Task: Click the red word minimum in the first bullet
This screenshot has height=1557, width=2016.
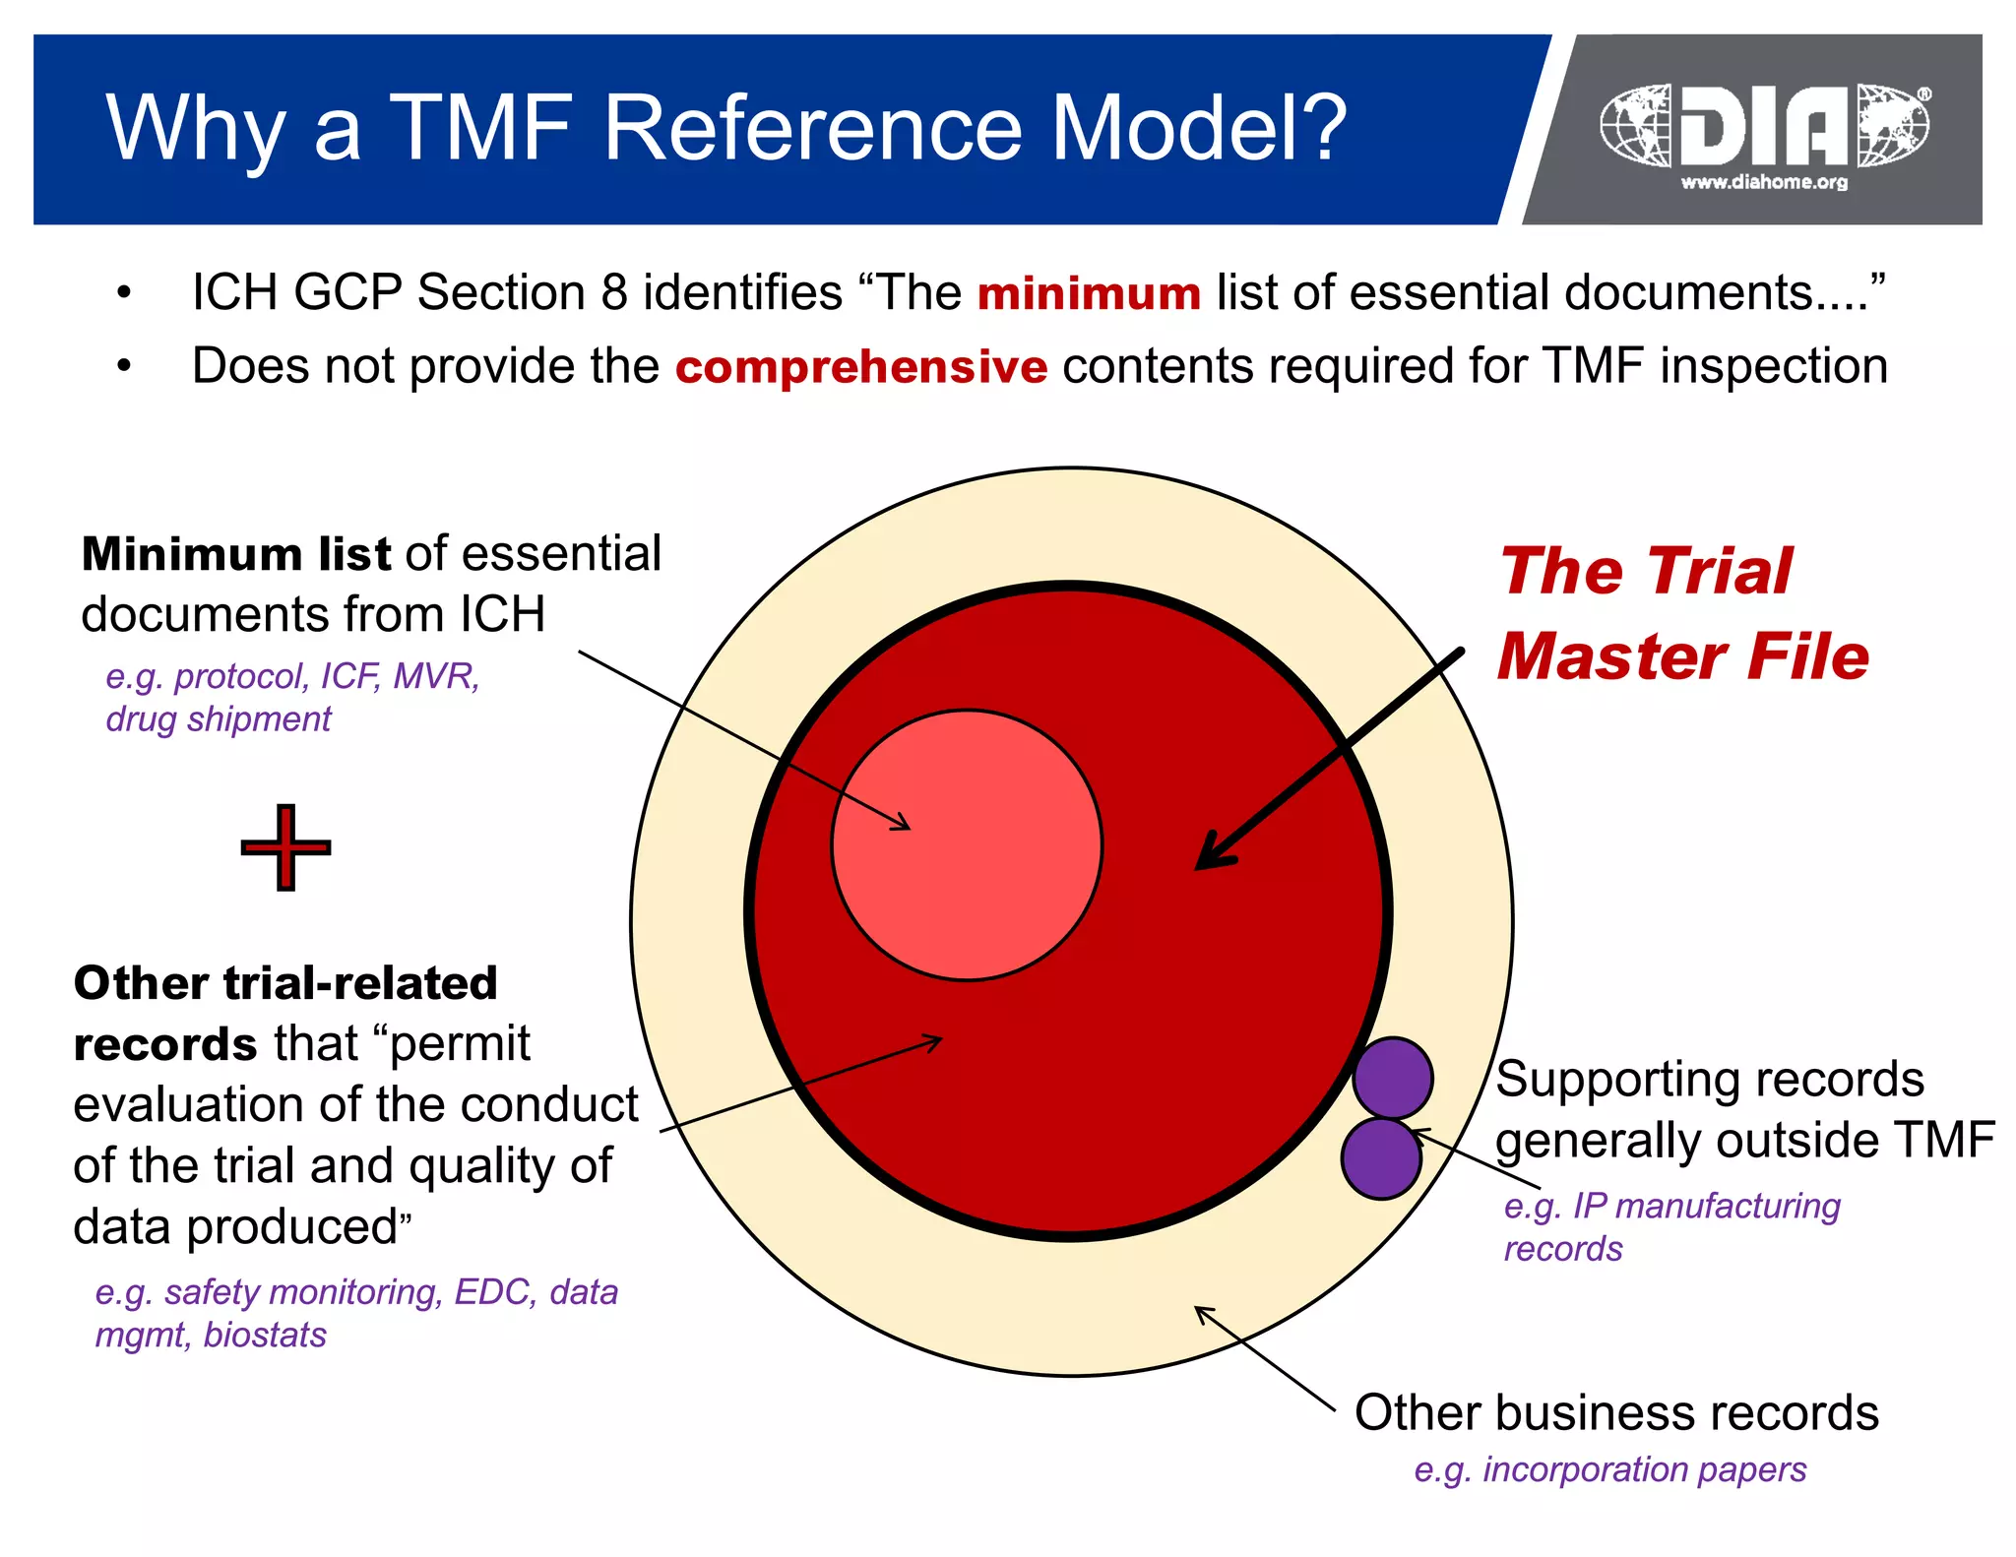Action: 1088,294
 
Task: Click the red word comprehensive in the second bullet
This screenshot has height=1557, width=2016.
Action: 861,367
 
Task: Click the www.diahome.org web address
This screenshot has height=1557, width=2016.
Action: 1764,182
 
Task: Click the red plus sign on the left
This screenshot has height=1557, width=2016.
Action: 285,847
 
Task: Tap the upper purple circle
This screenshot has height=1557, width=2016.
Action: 1392,1078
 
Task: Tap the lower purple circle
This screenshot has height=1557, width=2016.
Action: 1380,1158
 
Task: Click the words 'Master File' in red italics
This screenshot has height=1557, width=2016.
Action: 1682,656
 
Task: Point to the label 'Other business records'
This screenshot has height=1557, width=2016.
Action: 1615,1412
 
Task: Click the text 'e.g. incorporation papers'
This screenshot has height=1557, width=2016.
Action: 1609,1469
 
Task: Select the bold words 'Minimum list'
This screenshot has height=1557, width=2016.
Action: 235,554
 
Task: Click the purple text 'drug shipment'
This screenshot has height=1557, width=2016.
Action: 218,719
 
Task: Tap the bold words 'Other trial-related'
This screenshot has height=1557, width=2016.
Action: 285,982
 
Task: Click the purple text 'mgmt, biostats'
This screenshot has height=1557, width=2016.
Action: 211,1336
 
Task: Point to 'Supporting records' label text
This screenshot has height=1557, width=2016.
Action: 1709,1080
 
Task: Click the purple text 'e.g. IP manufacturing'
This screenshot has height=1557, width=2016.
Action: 1671,1206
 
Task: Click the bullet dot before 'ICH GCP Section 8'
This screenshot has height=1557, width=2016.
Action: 123,293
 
